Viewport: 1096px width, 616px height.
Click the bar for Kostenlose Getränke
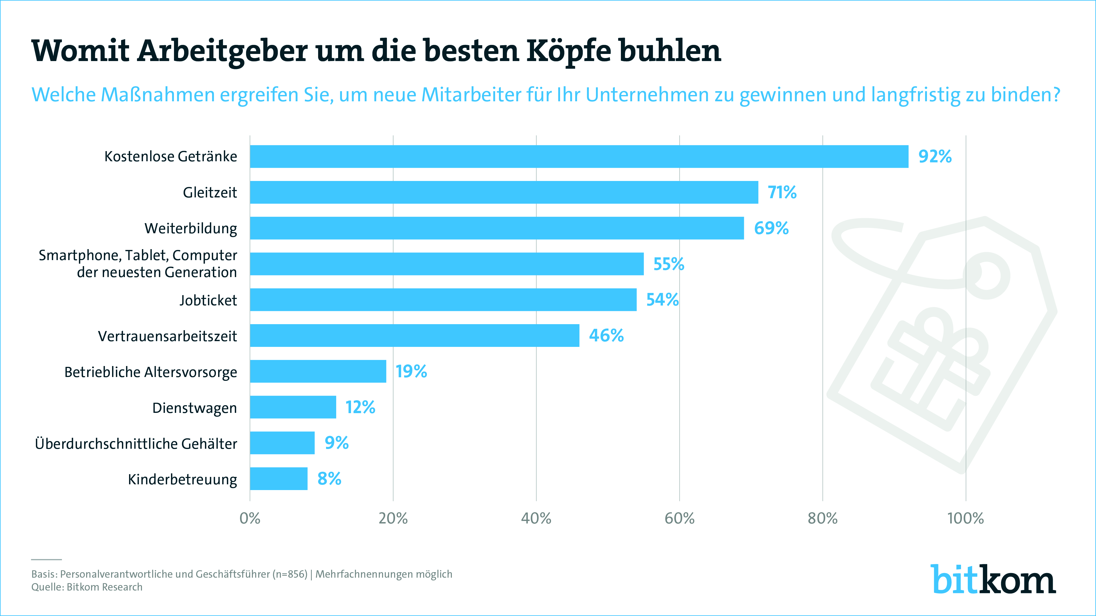(579, 156)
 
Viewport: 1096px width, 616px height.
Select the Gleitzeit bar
(504, 192)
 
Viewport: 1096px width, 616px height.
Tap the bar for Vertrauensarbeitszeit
(414, 335)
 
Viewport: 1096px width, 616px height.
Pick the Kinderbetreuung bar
(279, 479)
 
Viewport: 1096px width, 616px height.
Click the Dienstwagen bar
(293, 407)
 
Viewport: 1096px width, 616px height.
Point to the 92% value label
(935, 156)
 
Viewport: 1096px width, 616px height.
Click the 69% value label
(771, 228)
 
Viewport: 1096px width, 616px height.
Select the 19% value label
(411, 372)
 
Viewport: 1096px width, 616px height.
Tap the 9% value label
(336, 443)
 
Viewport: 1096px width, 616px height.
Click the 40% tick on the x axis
(536, 518)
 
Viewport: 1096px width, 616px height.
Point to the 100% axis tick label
(965, 518)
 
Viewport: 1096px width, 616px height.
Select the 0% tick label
(250, 518)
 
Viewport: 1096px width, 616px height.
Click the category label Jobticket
(208, 300)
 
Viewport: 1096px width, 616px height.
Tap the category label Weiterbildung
(191, 228)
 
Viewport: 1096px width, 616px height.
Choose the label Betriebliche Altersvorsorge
(151, 372)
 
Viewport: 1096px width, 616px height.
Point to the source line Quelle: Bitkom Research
(87, 587)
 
